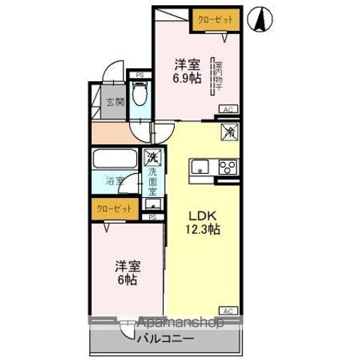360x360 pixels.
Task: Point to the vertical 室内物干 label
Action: (218, 78)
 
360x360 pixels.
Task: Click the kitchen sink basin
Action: (201, 166)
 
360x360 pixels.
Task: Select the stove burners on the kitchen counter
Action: (226, 167)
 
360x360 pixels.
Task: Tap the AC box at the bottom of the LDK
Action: (227, 310)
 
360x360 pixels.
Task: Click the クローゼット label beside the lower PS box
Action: (112, 208)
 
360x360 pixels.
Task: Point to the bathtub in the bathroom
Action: (114, 160)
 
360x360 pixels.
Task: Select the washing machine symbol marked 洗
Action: (152, 159)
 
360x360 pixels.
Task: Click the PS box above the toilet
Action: (139, 74)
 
